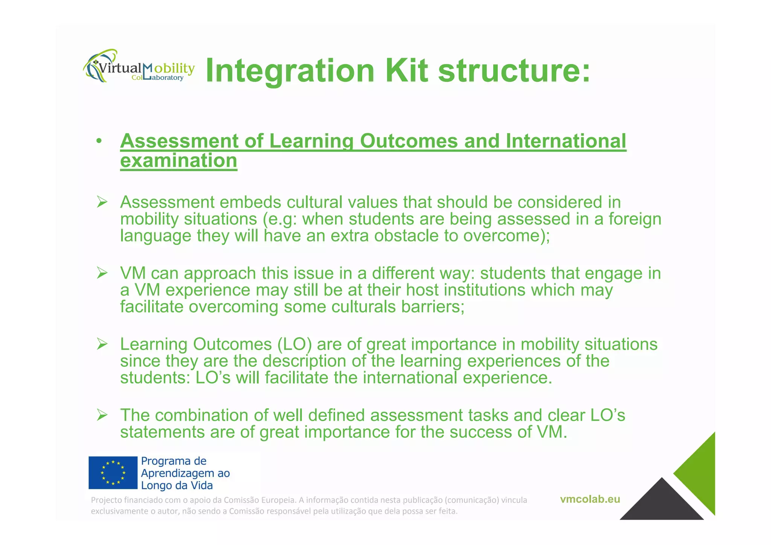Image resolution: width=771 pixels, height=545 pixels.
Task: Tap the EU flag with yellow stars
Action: [x=113, y=473]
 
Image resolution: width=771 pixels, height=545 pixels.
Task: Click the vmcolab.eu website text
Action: [x=590, y=499]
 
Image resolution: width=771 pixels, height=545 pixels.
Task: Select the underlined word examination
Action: [x=178, y=161]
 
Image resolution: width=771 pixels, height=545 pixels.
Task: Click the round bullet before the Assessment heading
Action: [x=99, y=142]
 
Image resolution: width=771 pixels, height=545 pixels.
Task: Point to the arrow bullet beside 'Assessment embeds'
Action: [x=102, y=202]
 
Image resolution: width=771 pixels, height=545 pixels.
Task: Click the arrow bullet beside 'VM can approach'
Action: [x=102, y=273]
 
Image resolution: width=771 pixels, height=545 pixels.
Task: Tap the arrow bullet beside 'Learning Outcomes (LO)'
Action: [x=102, y=344]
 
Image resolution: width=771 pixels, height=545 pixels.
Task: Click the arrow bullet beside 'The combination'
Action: [x=102, y=415]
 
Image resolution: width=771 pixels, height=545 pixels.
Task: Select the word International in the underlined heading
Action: [x=566, y=141]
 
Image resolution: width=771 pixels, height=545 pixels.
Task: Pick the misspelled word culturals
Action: [x=364, y=307]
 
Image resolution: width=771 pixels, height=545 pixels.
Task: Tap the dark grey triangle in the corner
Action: [x=661, y=503]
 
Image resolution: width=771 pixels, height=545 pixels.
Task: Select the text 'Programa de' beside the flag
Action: [x=174, y=461]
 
